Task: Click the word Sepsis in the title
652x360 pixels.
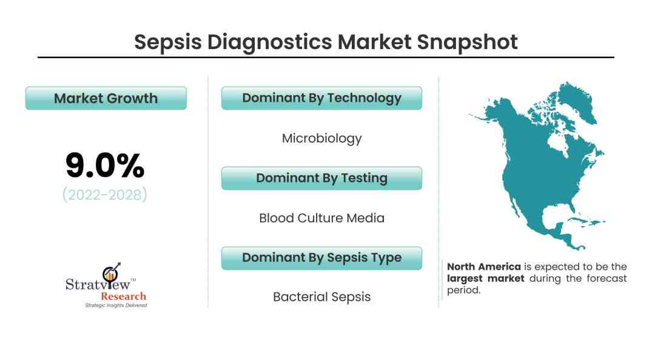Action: pos(167,42)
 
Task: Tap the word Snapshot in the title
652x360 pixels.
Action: pos(467,42)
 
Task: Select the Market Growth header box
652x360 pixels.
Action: pos(106,98)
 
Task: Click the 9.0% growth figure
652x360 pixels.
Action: pos(105,165)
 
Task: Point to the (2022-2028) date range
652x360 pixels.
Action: pos(105,195)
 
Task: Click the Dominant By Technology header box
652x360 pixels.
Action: pos(321,98)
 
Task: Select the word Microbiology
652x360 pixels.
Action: pos(321,138)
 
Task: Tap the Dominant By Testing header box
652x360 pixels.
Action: pos(321,178)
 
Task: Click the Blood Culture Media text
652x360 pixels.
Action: pos(321,218)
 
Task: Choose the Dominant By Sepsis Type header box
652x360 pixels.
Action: pos(321,258)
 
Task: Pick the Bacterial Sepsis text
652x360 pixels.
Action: pos(321,297)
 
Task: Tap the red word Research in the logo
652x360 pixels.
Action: pos(124,296)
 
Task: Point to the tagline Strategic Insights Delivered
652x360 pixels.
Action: pos(116,305)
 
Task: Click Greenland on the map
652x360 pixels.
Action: pos(577,101)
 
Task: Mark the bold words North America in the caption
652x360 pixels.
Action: pos(483,267)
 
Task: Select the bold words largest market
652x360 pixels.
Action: pos(485,278)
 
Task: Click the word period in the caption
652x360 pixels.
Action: pos(463,290)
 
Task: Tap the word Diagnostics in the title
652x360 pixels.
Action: pos(269,42)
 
